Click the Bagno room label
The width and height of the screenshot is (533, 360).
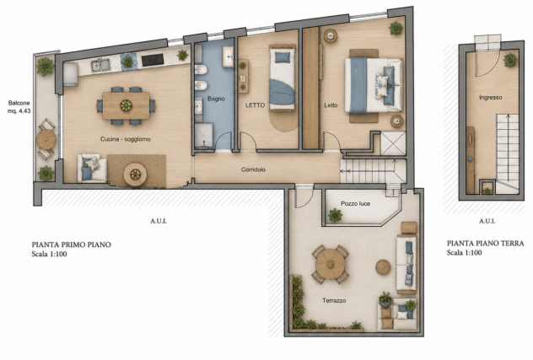[216, 99]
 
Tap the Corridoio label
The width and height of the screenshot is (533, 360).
[253, 169]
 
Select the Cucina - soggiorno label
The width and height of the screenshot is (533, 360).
[126, 139]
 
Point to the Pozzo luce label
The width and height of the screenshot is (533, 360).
[356, 204]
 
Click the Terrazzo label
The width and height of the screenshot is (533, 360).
[334, 300]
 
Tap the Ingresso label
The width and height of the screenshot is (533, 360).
[491, 98]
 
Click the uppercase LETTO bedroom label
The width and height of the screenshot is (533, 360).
[255, 105]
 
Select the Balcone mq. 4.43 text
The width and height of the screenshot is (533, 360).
[19, 107]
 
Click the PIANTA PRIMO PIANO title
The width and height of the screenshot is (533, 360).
[72, 244]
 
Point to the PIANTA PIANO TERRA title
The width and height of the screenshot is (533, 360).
[486, 243]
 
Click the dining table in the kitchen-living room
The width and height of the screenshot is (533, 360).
[127, 105]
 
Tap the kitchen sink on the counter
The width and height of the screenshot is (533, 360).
[100, 65]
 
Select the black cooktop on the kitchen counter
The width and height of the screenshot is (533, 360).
[153, 60]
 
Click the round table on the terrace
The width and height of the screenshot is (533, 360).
[331, 264]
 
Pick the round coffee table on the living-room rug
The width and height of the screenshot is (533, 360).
[135, 175]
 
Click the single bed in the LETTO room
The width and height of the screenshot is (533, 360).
[283, 78]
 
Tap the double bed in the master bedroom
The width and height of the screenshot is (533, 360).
[374, 85]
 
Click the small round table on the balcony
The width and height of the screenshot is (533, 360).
[46, 139]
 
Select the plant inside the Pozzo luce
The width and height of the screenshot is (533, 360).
[335, 216]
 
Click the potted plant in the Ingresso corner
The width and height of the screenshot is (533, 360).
[510, 60]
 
